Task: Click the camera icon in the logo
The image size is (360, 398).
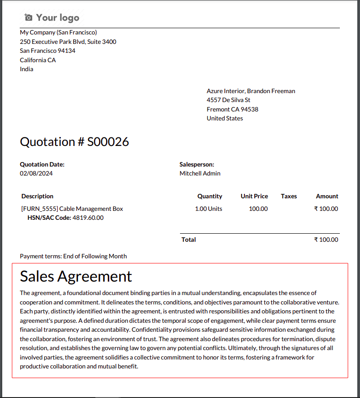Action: point(29,17)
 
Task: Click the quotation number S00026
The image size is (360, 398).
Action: point(108,142)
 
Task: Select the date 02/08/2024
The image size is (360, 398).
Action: point(36,173)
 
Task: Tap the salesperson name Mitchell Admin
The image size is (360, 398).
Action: point(200,173)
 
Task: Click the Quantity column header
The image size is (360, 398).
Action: point(210,196)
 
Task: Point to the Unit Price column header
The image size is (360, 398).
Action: point(254,196)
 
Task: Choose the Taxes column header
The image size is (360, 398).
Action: point(289,196)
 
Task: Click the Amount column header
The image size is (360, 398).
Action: point(327,196)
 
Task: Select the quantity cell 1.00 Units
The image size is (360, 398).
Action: point(208,209)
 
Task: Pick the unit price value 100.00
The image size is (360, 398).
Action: point(258,209)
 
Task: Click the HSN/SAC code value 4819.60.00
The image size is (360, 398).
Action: point(88,218)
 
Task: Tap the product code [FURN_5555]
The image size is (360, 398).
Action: point(39,209)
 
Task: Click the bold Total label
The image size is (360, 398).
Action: point(189,240)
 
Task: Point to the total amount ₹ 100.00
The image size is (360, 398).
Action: point(326,240)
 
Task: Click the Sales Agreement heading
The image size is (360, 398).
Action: point(76,276)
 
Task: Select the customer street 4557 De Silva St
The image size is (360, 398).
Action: point(228,100)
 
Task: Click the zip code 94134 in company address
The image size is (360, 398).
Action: point(66,51)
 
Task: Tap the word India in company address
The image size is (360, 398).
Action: point(26,69)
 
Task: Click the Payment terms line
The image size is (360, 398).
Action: point(73,257)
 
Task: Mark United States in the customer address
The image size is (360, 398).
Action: point(225,118)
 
